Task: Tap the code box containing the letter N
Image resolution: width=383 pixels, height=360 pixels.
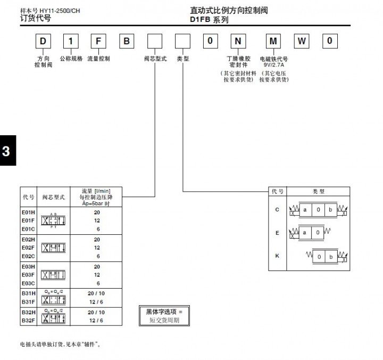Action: tap(237, 41)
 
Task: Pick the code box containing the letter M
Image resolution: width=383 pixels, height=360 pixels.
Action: tap(273, 41)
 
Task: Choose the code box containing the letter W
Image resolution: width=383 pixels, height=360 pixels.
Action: tap(301, 41)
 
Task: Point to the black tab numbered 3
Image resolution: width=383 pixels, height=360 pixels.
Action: tap(6, 151)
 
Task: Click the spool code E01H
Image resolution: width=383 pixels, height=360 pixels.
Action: tap(28, 212)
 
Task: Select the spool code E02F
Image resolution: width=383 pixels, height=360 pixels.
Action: tap(28, 247)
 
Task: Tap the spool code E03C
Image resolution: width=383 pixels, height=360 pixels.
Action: tap(28, 283)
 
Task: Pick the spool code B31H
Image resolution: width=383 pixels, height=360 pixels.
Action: tap(28, 292)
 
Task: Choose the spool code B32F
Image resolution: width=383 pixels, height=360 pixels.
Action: tap(28, 320)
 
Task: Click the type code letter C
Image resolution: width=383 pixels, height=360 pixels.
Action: tap(277, 209)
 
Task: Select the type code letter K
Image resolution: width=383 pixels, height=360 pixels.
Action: tap(277, 256)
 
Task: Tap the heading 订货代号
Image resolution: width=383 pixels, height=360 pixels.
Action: tap(35, 18)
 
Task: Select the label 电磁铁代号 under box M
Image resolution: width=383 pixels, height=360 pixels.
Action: tap(273, 59)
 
